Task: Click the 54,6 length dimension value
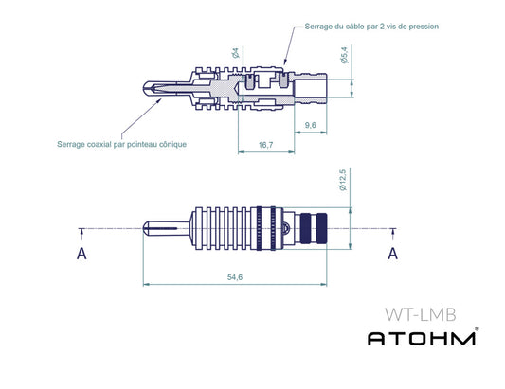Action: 233,276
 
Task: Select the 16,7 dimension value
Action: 264,145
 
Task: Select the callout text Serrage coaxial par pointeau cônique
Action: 121,144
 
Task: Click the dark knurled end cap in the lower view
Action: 314,228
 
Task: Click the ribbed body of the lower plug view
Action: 232,228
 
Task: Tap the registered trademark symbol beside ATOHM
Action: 477,329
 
